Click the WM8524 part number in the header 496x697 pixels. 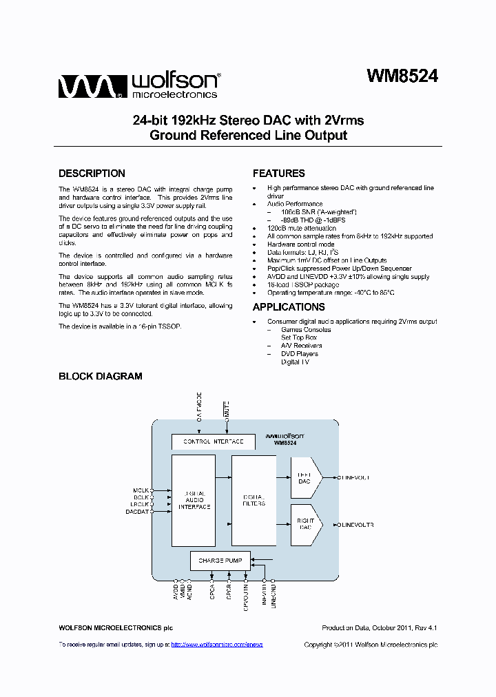(402, 76)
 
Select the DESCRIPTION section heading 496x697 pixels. (92, 174)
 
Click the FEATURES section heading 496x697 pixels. (278, 174)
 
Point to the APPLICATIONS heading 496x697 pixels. (289, 307)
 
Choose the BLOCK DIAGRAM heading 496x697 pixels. (100, 376)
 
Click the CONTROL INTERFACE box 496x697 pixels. (213, 441)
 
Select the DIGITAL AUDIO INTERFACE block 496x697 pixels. (193, 500)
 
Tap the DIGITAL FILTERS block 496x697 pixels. (254, 499)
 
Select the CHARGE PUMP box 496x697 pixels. (220, 561)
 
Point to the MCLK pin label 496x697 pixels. (141, 490)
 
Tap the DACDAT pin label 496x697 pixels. (138, 512)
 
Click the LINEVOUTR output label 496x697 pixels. (357, 526)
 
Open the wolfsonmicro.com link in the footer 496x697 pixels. (216, 645)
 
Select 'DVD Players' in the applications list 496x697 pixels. (300, 354)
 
